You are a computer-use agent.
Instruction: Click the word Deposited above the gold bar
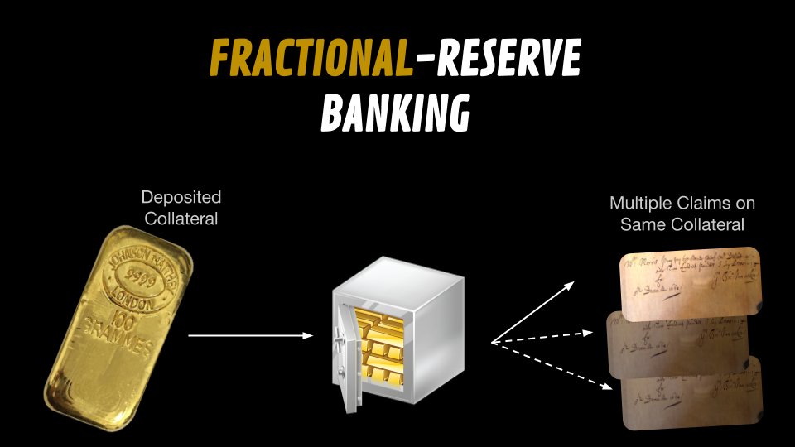pyautogui.click(x=181, y=198)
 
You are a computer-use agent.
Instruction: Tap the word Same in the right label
pyautogui.click(x=642, y=224)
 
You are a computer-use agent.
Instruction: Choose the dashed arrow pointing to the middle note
pyautogui.click(x=542, y=337)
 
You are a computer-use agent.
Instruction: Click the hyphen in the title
pyautogui.click(x=423, y=60)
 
